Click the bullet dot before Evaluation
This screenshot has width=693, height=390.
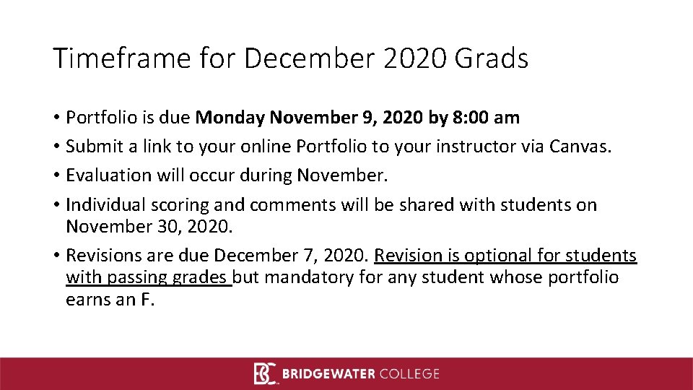[56, 176]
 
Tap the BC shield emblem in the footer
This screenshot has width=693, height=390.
[264, 373]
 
